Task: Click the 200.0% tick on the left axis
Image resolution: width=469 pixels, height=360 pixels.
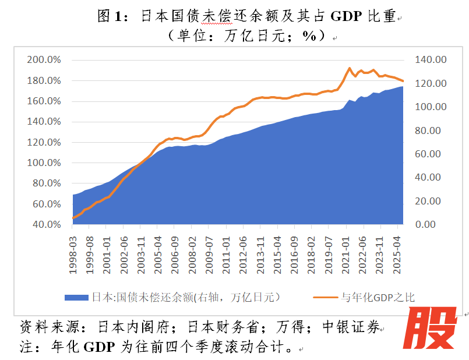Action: (x=44, y=60)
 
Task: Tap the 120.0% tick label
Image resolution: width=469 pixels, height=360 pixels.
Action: (x=44, y=142)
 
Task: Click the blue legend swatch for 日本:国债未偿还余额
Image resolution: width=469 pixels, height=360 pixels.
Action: (x=76, y=297)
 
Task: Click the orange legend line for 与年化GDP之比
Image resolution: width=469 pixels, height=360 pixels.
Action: (x=325, y=297)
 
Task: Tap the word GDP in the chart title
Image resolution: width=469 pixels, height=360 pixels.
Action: (x=347, y=16)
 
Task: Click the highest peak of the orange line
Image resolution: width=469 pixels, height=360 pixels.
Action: (x=350, y=68)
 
